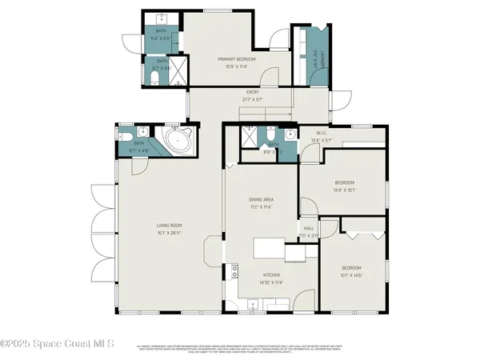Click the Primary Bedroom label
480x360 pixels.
click(237, 59)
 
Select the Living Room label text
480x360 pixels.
click(169, 225)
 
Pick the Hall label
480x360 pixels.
click(309, 229)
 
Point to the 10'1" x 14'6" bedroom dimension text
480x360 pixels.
click(351, 274)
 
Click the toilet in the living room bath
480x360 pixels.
click(139, 133)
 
